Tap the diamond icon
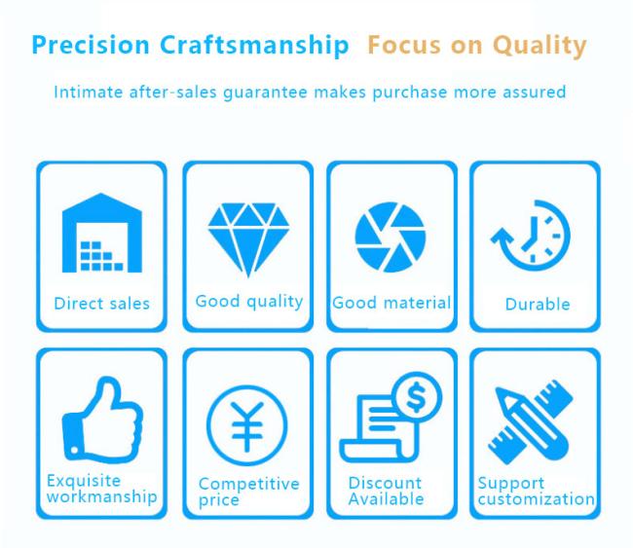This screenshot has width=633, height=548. coord(248,239)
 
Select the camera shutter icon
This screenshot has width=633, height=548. coord(391,237)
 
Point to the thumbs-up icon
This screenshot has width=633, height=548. coord(102,420)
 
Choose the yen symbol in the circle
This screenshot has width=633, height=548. coord(247,426)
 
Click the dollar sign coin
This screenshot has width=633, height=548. coord(417,397)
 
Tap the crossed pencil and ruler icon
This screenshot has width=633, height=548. coord(530,422)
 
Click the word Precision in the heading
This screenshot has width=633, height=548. coord(91,45)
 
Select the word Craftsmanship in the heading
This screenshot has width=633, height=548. coord(254,45)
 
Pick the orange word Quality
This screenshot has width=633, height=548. coord(540,46)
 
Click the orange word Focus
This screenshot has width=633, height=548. coord(404,45)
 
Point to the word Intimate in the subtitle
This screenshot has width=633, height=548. coord(89,92)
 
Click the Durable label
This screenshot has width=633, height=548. coord(538,305)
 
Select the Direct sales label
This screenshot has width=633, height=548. coord(101,304)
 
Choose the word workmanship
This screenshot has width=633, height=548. coord(101,496)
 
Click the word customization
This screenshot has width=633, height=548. coord(537,499)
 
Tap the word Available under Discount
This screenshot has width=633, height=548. coord(386,499)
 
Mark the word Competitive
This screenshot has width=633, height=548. coord(249,484)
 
